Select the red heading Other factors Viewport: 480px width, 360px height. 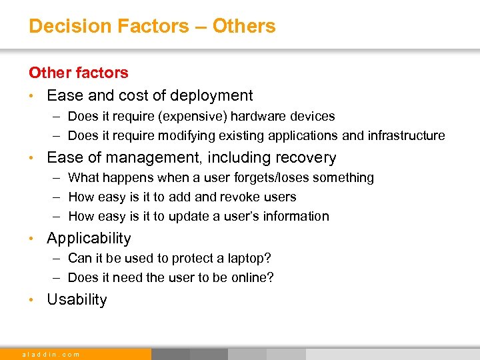[x=79, y=73]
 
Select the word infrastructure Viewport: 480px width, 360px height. [x=405, y=136]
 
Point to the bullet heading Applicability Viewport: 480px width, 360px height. [x=89, y=239]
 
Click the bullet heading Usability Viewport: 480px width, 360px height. [x=77, y=300]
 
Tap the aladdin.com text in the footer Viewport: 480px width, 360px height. [x=51, y=354]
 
